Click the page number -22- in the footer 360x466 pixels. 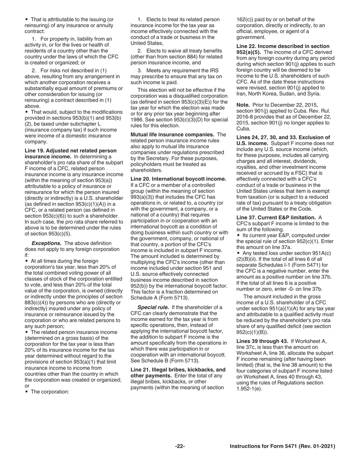point(180,446)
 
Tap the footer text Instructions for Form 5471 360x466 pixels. point(282,446)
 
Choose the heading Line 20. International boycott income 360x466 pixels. point(178,179)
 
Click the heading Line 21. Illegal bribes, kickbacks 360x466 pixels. point(178,369)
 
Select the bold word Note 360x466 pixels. point(243,105)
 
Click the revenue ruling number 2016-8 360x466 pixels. point(245,117)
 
